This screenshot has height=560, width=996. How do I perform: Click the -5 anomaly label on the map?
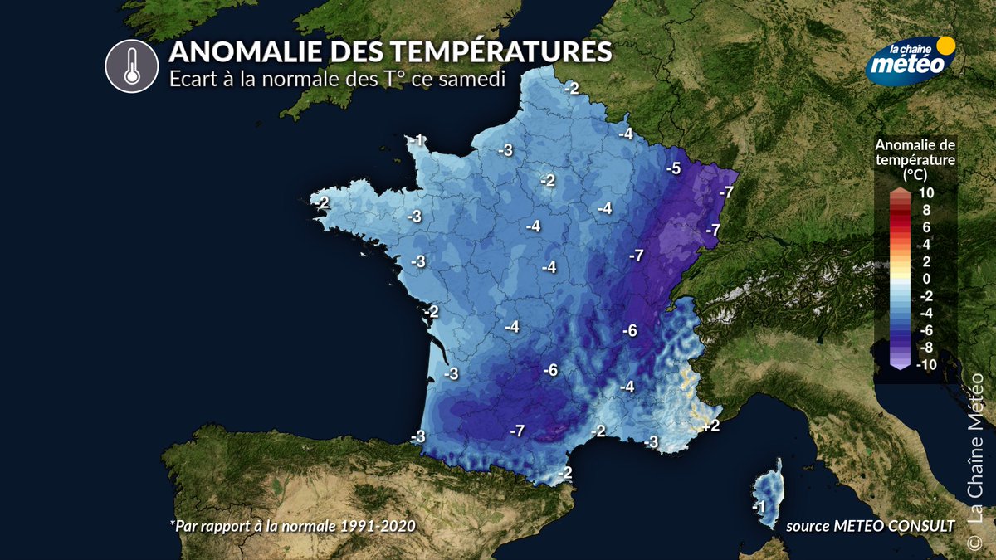673,169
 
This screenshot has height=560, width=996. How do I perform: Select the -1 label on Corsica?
757,507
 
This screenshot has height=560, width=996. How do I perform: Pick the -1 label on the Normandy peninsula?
418,139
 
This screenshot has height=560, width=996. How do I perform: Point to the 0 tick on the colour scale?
926,279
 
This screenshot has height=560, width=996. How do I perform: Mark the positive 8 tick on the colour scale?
926,211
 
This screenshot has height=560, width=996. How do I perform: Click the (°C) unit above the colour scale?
915,176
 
